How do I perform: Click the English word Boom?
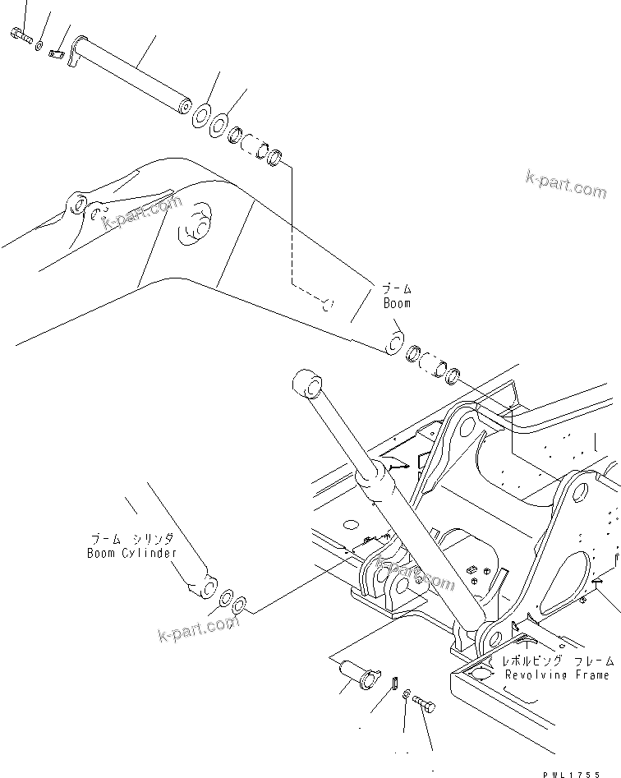coord(396,303)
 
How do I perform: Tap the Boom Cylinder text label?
coord(131,553)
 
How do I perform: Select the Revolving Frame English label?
coord(557,674)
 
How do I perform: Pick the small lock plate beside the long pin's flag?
coord(56,54)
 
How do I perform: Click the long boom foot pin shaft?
coord(131,74)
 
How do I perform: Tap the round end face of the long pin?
coord(182,107)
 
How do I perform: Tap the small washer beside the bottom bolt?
coord(407,697)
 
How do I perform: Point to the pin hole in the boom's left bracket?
coord(78,202)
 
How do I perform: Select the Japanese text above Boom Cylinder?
coord(131,539)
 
